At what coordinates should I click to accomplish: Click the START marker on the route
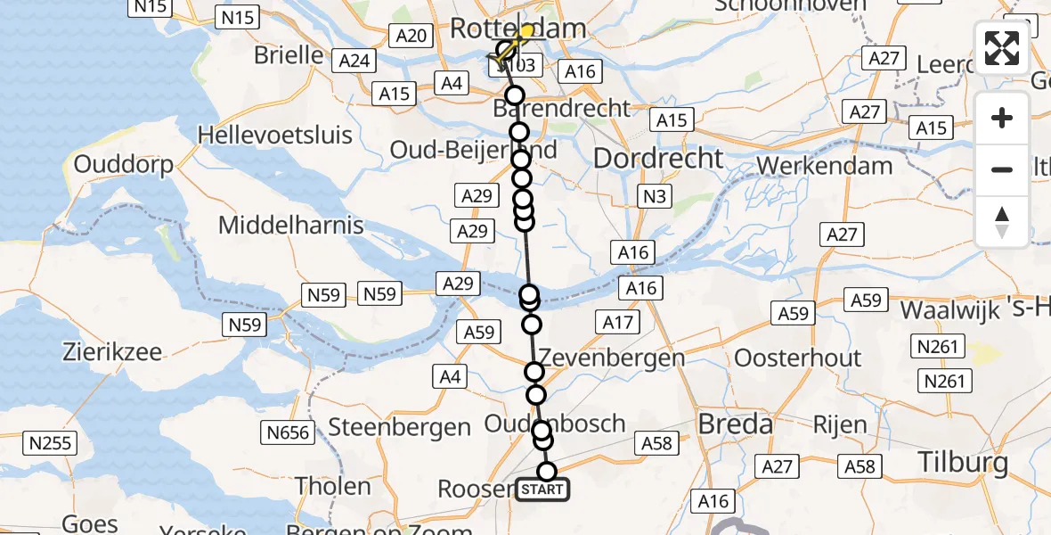[x=542, y=490]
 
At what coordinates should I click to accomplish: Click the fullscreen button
[x=1002, y=48]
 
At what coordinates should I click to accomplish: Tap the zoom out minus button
[x=1002, y=169]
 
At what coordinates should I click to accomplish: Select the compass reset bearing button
[x=1002, y=220]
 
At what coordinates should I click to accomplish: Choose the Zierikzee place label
[x=112, y=351]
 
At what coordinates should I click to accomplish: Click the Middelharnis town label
[x=291, y=225]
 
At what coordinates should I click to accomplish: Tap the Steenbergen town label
[x=399, y=427]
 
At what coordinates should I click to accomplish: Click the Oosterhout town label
[x=797, y=358]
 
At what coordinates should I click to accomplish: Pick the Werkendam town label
[x=824, y=166]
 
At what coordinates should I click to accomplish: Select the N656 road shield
[x=287, y=433]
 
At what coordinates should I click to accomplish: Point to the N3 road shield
[x=654, y=197]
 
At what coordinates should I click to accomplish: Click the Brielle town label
[x=289, y=54]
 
